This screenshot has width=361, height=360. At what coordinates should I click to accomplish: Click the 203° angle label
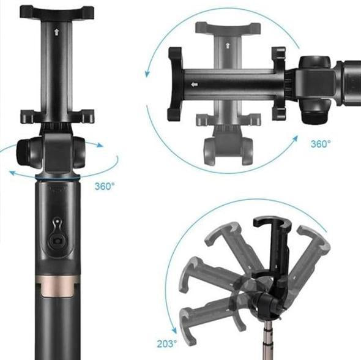[x=167, y=343]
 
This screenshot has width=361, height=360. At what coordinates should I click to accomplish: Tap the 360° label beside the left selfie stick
[x=105, y=186]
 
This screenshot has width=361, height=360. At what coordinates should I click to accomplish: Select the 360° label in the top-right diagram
[x=320, y=144]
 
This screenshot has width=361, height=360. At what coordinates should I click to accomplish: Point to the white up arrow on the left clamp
[x=57, y=32]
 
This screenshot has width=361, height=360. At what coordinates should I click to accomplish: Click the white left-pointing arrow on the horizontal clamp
[x=195, y=84]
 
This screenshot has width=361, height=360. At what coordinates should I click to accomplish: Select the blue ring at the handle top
[x=58, y=178]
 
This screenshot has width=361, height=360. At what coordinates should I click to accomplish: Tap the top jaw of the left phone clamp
[x=57, y=13]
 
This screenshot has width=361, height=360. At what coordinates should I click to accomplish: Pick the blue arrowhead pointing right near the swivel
[x=100, y=145]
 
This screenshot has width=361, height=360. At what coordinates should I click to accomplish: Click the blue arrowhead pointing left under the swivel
[x=13, y=173]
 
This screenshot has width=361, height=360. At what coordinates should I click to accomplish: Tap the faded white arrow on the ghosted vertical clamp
[x=228, y=45]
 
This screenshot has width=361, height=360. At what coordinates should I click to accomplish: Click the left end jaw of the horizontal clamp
[x=175, y=84]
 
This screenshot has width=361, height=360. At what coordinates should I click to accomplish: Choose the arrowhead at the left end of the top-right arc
[x=147, y=73]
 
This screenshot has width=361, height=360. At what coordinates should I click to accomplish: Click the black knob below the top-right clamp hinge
[x=314, y=113]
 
